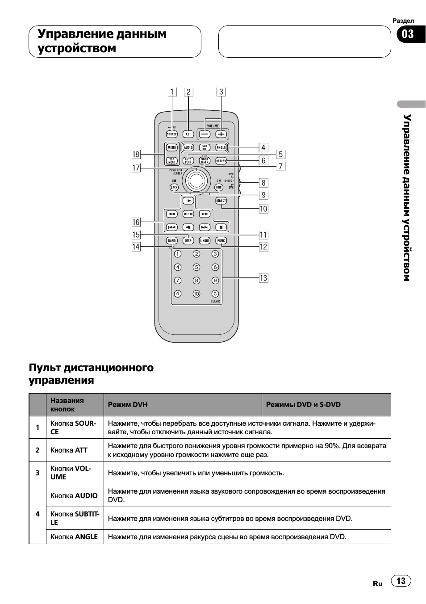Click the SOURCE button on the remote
(x=172, y=134)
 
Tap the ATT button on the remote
(x=188, y=134)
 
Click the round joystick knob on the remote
(x=196, y=180)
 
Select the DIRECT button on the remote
(x=221, y=201)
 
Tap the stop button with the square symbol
(x=221, y=227)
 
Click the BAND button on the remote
(x=172, y=240)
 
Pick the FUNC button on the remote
(x=221, y=240)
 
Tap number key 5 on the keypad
(x=196, y=267)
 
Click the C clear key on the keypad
(x=215, y=294)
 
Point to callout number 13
(x=263, y=278)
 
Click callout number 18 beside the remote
(x=136, y=154)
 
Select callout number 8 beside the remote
(x=263, y=182)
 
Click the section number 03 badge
(x=408, y=34)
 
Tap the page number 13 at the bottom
(x=401, y=580)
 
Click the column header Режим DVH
(x=128, y=405)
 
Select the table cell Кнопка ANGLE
(x=74, y=537)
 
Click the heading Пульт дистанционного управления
(x=91, y=373)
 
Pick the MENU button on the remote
(x=172, y=147)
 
